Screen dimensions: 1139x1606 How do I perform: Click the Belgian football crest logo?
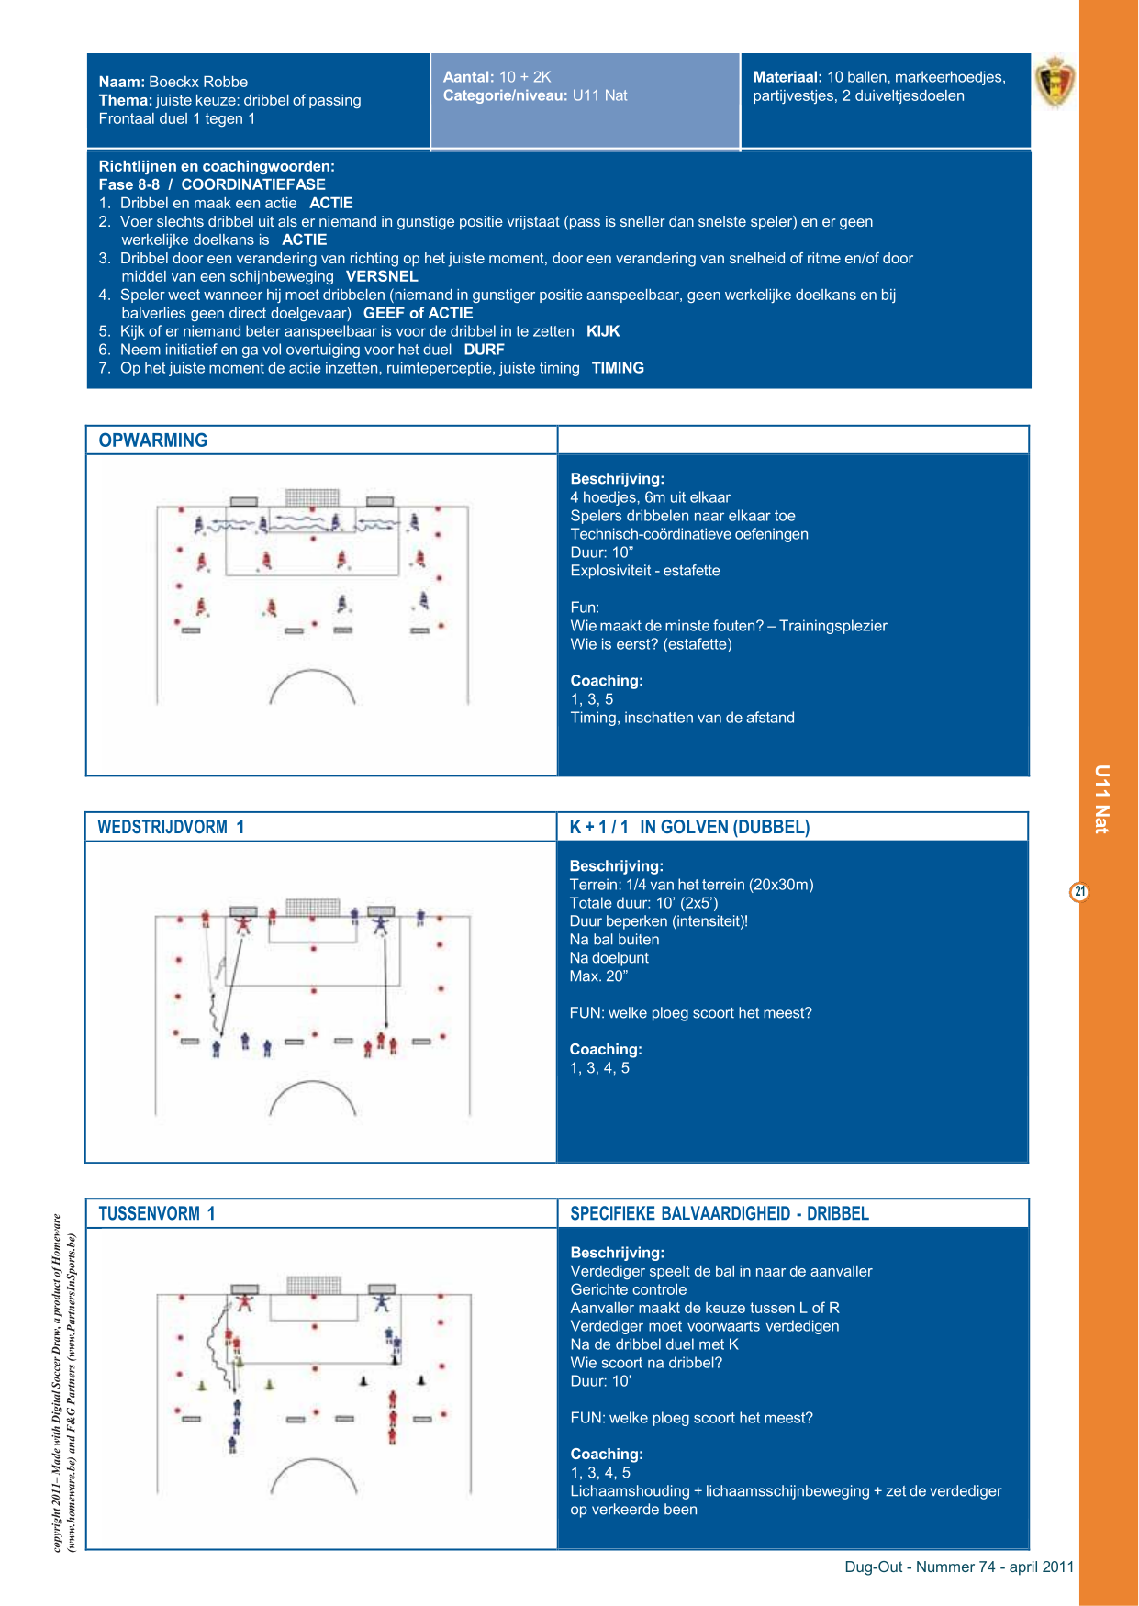coord(1055,81)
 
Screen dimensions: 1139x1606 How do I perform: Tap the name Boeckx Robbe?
coord(198,82)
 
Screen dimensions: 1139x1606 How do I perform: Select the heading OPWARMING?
coord(153,441)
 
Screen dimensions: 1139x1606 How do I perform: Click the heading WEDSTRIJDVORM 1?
coord(171,827)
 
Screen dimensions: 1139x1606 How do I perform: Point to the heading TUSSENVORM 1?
coord(157,1213)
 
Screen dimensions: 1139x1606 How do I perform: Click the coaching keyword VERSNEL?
coord(382,276)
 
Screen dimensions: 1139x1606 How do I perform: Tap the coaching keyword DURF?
coord(484,350)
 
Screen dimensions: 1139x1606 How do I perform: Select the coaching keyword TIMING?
coord(618,368)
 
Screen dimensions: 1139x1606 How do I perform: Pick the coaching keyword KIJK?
coord(603,331)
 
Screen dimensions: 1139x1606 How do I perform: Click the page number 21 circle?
coord(1080,891)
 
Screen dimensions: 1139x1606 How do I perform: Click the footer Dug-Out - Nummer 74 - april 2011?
coord(959,1567)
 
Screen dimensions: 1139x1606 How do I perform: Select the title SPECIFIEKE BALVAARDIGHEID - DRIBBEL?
coord(720,1213)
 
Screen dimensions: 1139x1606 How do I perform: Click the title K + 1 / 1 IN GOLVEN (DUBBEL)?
coord(689,827)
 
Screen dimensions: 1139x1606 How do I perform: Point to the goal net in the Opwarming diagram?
coord(312,497)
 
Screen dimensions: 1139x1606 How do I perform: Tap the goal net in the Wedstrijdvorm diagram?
coord(312,907)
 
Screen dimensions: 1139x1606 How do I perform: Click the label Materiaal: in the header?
coord(787,77)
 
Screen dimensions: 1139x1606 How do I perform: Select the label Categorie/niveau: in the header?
coord(506,95)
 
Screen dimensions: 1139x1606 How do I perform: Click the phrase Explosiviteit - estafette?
coord(645,571)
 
